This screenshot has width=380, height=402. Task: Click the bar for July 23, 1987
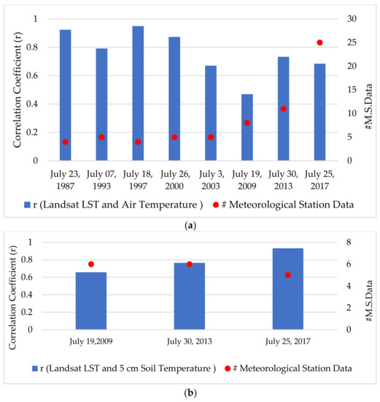point(65,95)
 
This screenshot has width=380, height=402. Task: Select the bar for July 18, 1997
point(138,93)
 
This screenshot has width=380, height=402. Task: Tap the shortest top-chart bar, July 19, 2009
point(247,127)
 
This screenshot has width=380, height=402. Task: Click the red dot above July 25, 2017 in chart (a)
point(319,42)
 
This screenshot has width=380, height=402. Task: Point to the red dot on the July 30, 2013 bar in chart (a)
point(283,109)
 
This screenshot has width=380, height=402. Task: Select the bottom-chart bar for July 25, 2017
point(287,289)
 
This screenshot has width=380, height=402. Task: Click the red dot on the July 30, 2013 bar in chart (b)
point(190,264)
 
